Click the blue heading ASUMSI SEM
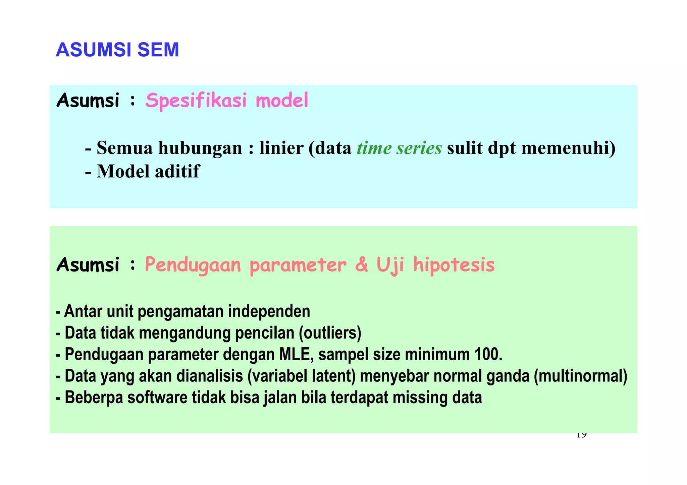tap(117, 50)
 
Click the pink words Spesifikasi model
tap(226, 100)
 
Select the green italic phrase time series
tap(399, 148)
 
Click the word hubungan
tap(200, 148)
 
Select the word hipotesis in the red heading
tap(454, 265)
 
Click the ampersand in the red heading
tap(361, 265)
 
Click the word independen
tap(269, 311)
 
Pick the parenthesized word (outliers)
tap(330, 333)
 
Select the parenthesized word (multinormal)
tap(580, 376)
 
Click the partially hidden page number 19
tap(581, 436)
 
